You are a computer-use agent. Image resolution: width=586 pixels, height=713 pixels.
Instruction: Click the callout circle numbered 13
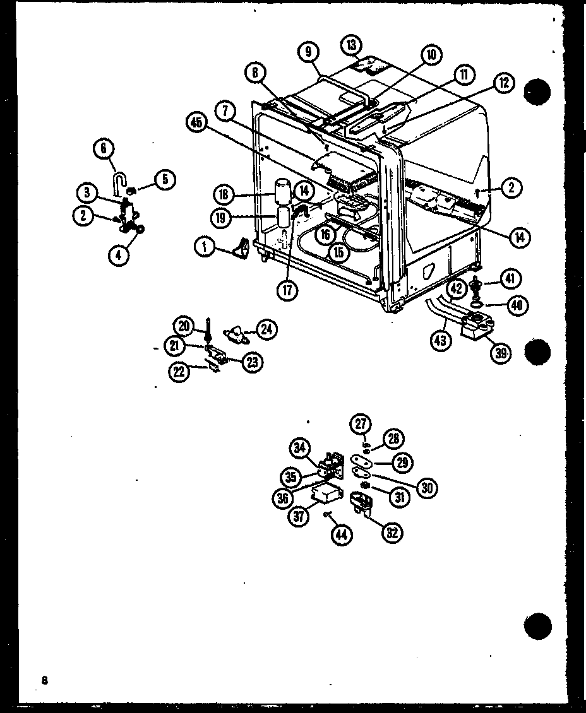coord(352,45)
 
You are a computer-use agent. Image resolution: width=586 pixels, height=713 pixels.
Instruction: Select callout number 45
coord(196,124)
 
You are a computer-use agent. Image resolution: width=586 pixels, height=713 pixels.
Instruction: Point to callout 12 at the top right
coord(505,82)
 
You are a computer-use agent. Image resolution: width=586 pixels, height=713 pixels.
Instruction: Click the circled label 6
coord(103,149)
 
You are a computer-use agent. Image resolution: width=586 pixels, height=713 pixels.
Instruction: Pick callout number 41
coord(510,277)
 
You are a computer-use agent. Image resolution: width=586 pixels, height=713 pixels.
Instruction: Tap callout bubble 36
coord(284,497)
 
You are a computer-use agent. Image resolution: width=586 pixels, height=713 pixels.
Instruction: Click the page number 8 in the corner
coord(44,680)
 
